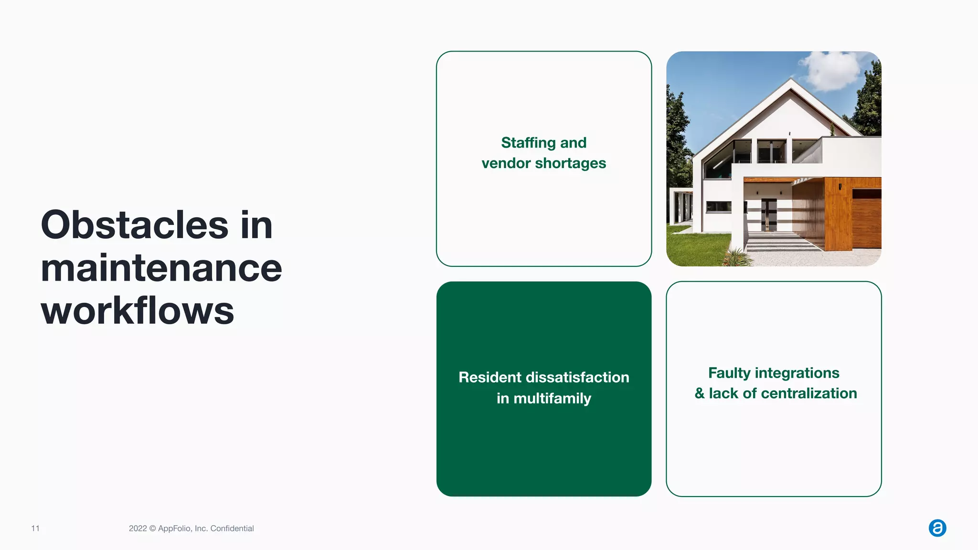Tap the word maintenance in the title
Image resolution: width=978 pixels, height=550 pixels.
pos(161,268)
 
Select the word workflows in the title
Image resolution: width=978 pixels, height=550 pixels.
pos(138,311)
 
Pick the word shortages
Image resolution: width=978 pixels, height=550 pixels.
pos(571,164)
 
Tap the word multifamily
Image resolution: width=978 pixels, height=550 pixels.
pos(552,398)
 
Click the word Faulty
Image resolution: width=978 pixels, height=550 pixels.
pos(729,373)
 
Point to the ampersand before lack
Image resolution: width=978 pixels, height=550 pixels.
pos(700,393)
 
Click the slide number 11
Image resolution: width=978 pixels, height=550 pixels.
pos(35,528)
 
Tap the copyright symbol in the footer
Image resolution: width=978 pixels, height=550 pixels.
pos(152,529)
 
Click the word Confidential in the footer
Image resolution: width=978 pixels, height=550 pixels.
pos(232,529)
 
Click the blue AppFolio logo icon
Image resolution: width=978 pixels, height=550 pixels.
pos(937,528)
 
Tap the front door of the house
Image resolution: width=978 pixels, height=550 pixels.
pos(768,215)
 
